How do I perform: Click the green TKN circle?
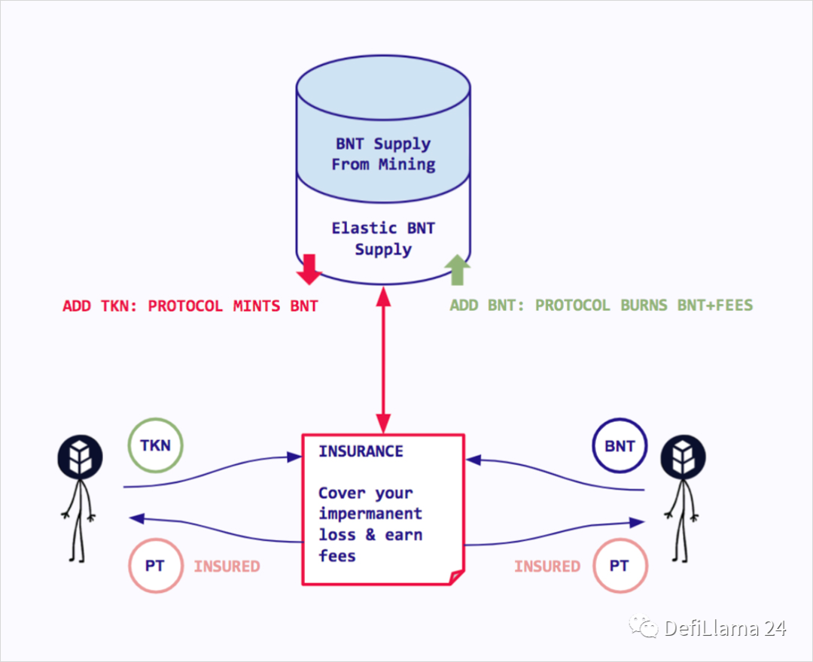point(155,445)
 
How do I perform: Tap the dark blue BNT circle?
point(620,445)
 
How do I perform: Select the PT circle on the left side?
point(154,566)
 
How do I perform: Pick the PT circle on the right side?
point(619,566)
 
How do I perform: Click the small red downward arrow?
point(309,269)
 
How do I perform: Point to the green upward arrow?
point(457,269)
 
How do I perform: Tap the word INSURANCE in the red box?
point(361,451)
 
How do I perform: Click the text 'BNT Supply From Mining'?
point(383,153)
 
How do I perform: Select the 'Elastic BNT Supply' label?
point(383,238)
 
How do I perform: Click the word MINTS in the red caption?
point(252,306)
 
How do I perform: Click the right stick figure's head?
point(683,458)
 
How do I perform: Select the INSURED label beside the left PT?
point(227,566)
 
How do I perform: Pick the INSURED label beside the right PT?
point(547,566)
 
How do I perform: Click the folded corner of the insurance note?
point(455,577)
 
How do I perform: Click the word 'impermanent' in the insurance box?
point(370,514)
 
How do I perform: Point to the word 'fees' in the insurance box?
point(336,556)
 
